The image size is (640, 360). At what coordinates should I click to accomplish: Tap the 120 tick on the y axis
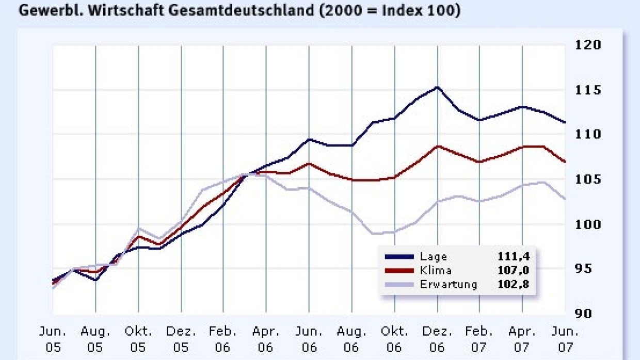588,45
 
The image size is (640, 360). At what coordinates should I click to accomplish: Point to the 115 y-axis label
588,90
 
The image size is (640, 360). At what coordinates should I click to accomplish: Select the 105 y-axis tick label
588,179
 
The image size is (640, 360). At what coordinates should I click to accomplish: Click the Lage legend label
434,256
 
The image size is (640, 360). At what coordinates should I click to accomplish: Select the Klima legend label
436,270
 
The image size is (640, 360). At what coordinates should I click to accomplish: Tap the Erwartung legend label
449,284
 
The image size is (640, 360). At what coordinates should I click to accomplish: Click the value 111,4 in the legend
513,256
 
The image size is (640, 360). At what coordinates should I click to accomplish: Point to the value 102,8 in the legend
513,284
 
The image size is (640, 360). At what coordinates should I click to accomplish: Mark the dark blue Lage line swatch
399,256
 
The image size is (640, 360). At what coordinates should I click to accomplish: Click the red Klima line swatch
399,270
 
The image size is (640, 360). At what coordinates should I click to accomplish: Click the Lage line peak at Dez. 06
438,87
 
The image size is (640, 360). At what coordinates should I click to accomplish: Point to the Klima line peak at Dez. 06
438,146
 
